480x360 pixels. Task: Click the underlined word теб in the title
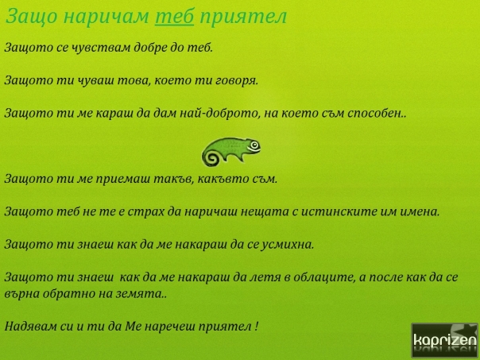[x=175, y=16]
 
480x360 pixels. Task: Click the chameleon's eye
[x=254, y=145]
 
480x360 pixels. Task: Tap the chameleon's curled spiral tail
[x=211, y=157]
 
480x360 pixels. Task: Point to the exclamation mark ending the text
[x=257, y=326]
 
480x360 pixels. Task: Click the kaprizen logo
[x=444, y=340]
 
